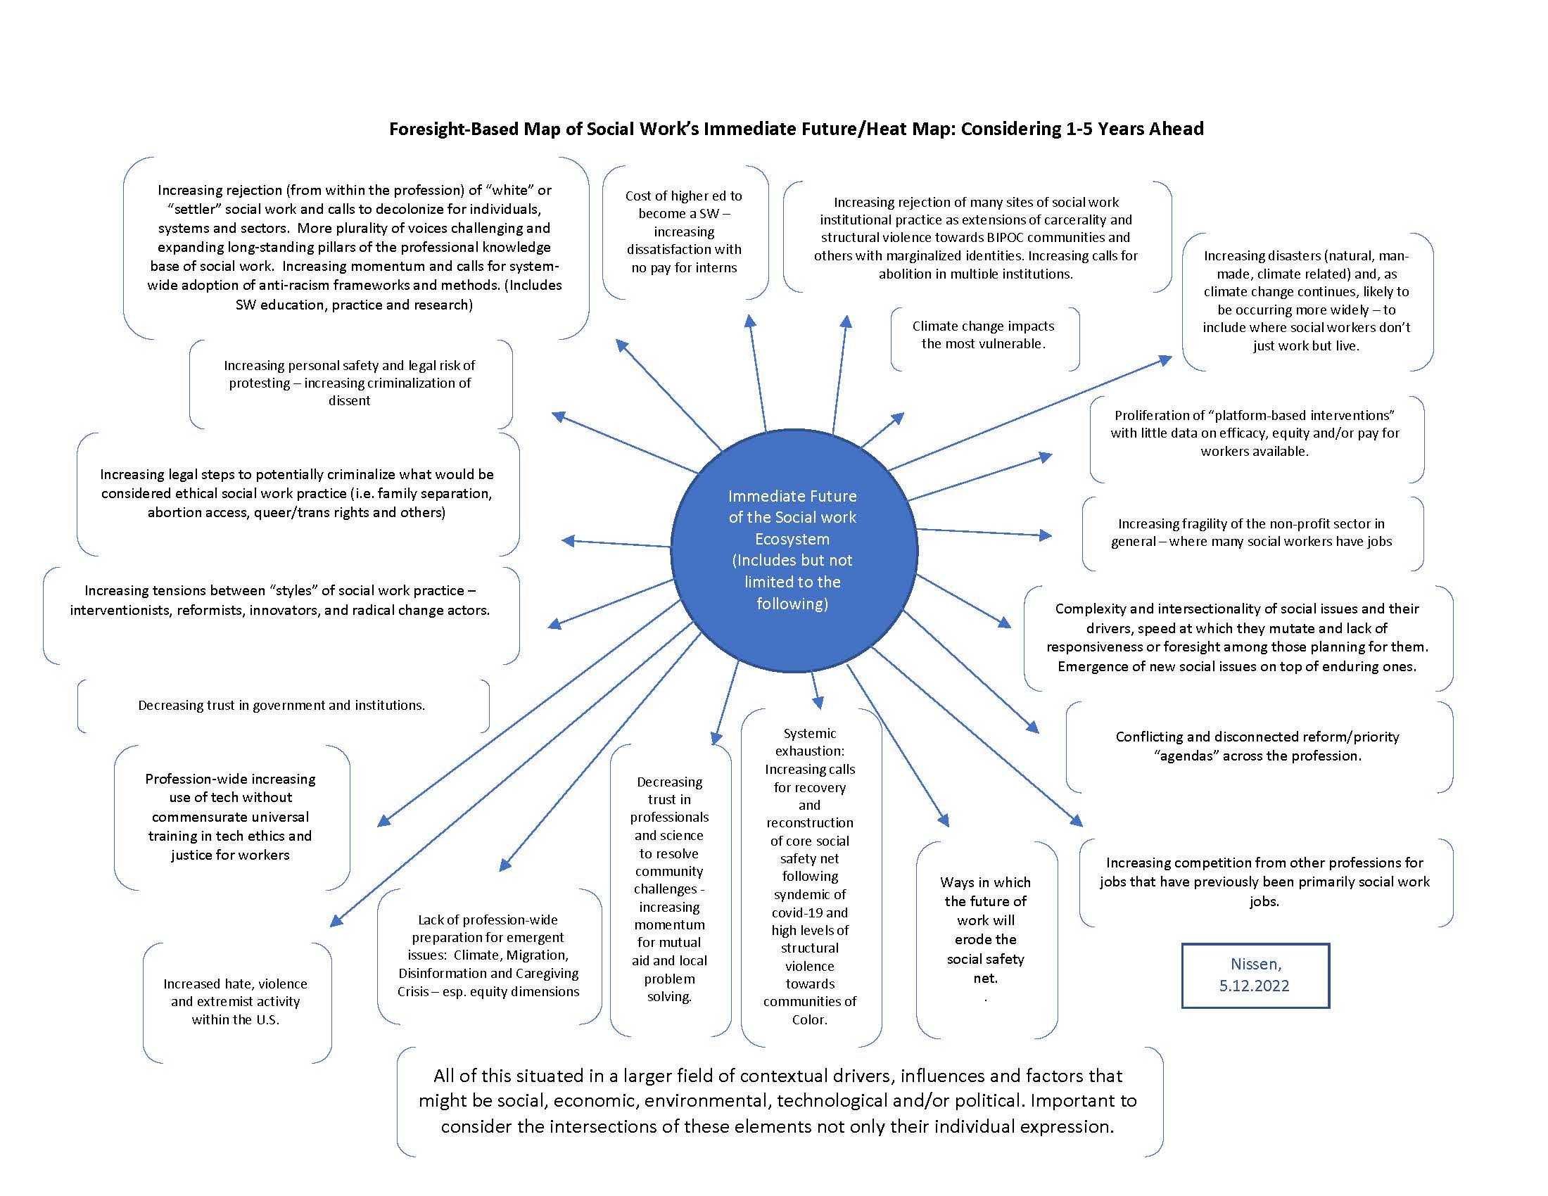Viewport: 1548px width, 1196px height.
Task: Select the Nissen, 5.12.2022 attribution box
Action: coord(1255,975)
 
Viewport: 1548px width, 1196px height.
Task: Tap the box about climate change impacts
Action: coord(983,335)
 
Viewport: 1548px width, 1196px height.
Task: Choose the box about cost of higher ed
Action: coord(684,231)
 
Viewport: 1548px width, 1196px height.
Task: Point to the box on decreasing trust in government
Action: coord(281,706)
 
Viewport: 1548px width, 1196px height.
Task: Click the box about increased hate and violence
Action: coord(236,1001)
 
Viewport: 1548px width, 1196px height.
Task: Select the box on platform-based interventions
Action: coord(1255,433)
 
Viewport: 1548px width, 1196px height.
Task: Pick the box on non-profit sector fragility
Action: coord(1251,533)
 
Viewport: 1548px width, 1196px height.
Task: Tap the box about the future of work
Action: coord(985,929)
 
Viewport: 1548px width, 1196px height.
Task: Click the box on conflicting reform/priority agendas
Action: coord(1257,746)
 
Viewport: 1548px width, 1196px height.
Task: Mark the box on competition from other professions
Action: coord(1264,882)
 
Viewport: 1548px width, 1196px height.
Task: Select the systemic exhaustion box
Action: coord(809,877)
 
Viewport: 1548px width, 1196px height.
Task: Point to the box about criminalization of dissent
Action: coord(350,383)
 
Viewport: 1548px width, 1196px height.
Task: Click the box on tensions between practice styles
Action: coord(280,600)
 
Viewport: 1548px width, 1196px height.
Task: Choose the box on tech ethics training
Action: coord(230,817)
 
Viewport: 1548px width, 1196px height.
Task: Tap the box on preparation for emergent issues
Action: coord(488,955)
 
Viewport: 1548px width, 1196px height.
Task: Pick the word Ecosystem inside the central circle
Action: coord(792,539)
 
